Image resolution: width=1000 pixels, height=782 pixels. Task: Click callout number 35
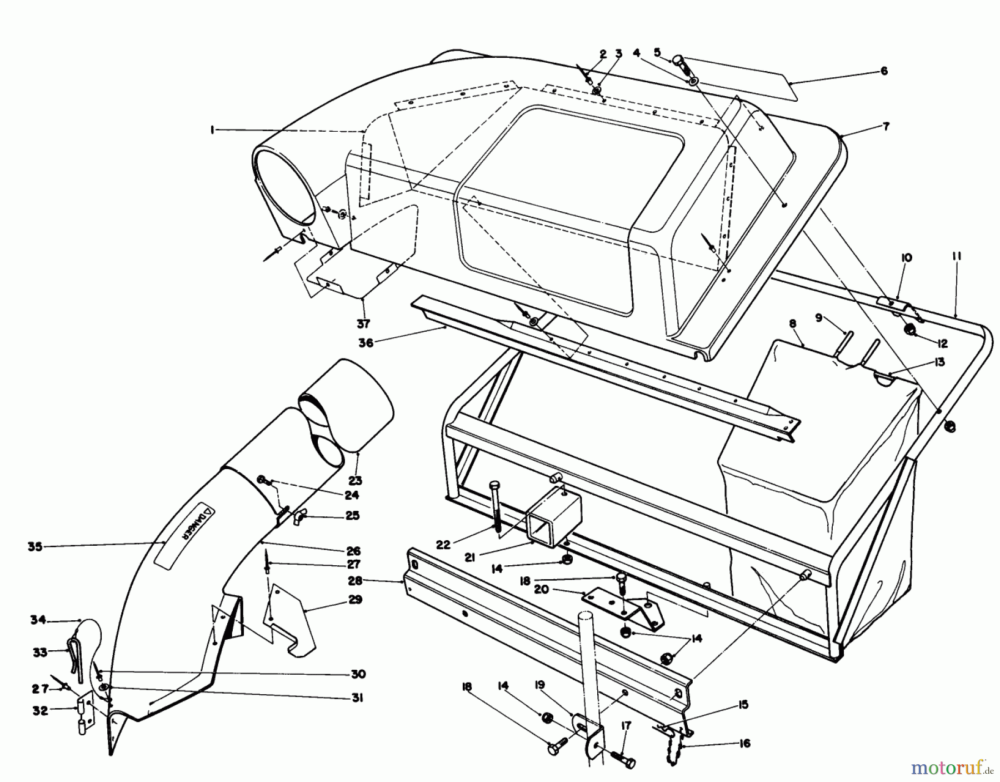click(35, 546)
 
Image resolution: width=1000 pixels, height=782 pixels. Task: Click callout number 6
click(884, 71)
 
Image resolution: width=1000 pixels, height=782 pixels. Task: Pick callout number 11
click(957, 257)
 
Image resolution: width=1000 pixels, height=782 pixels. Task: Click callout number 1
click(212, 129)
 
